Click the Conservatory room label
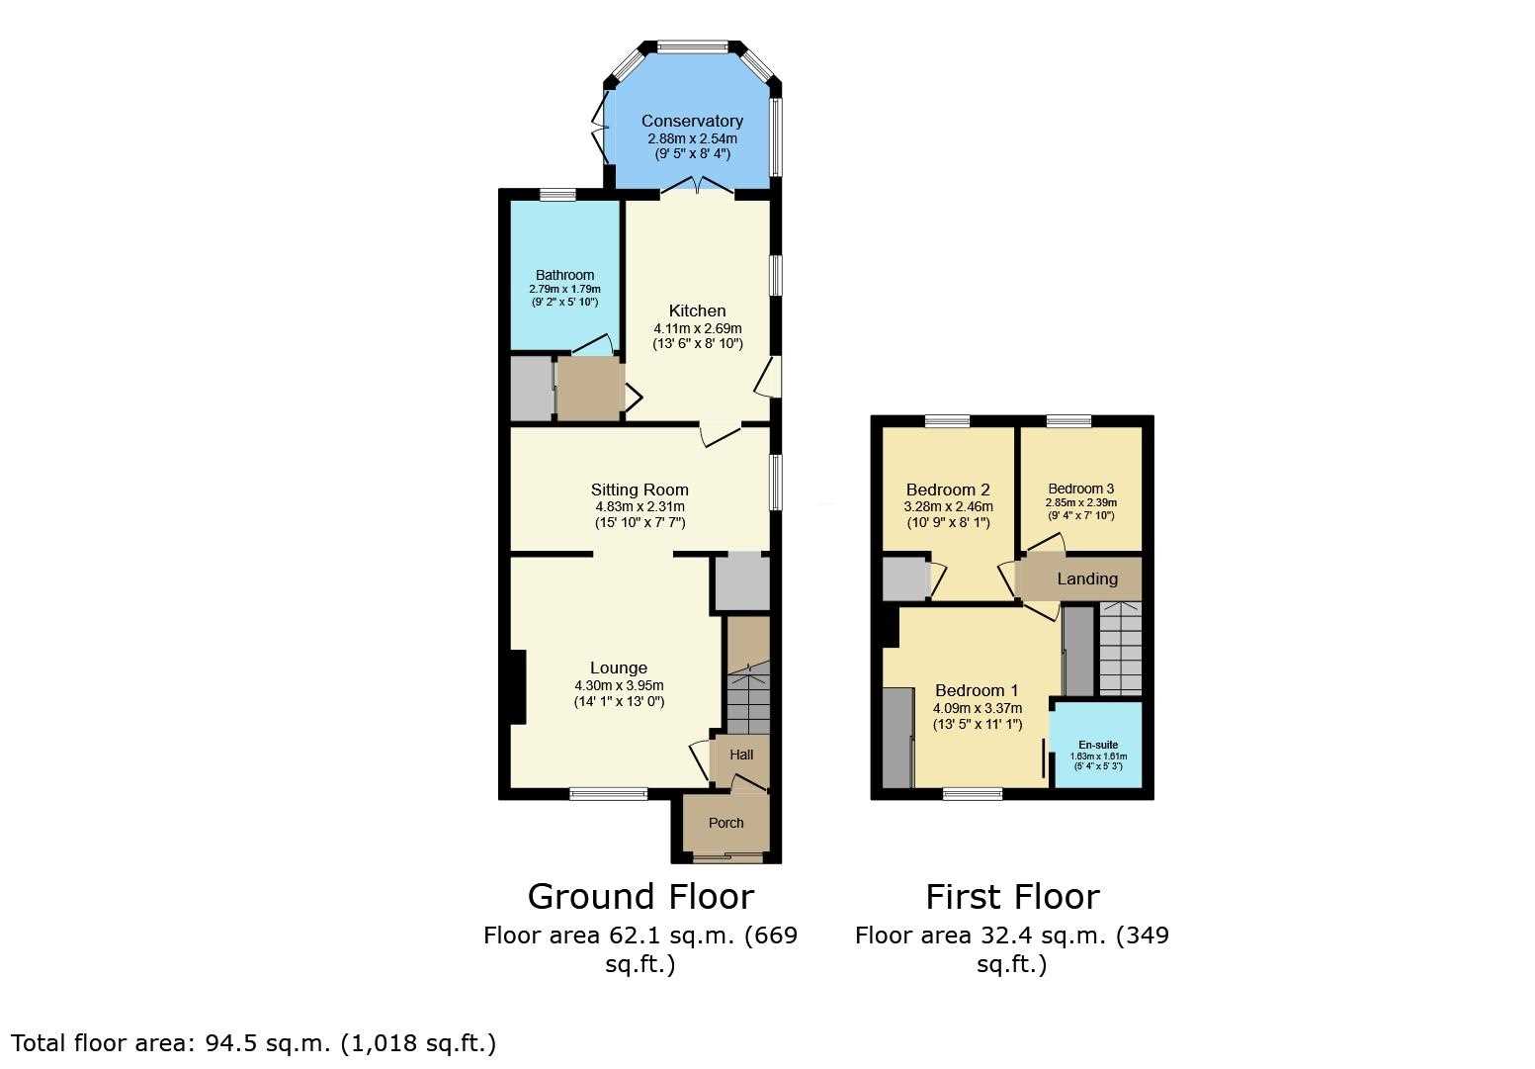coord(692,121)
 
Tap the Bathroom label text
coord(564,275)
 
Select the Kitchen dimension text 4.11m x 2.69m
coord(698,328)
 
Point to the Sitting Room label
coord(640,490)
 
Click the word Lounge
coord(619,668)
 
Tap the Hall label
coord(741,755)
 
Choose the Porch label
coord(725,823)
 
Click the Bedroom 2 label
coord(948,490)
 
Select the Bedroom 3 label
coord(1080,489)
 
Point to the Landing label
coord(1087,579)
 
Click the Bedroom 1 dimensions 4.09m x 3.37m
coord(978,708)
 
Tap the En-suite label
coord(1098,745)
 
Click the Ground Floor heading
coord(640,896)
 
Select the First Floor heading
coord(1012,896)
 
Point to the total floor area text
coord(253,1043)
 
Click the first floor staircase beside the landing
coord(1121,649)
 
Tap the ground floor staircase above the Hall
coord(748,697)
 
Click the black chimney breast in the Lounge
coord(517,687)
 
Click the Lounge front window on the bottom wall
coord(609,794)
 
